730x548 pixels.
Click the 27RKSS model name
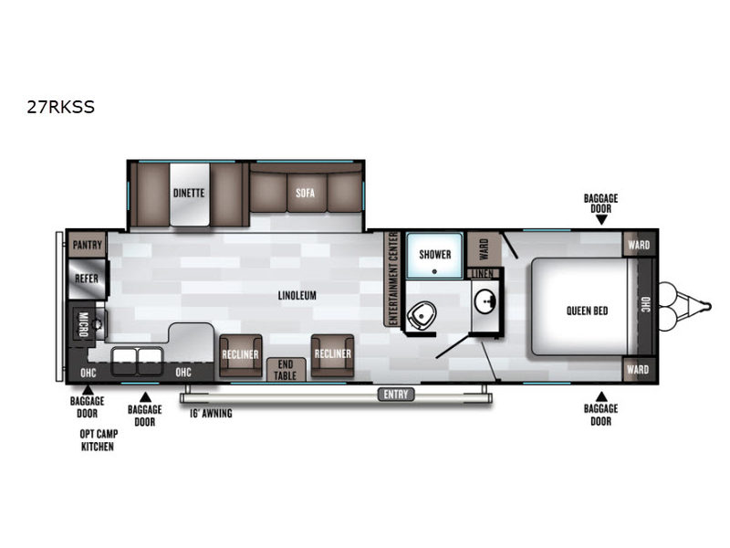click(60, 107)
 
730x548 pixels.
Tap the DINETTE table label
click(189, 193)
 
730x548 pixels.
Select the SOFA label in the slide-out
click(305, 193)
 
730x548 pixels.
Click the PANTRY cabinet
click(88, 245)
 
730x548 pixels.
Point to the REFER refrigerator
click(88, 279)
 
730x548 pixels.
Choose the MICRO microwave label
click(83, 324)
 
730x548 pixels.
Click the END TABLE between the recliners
click(286, 370)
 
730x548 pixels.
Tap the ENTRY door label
click(396, 395)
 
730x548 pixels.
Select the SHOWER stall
click(435, 255)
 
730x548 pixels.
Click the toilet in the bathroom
click(422, 315)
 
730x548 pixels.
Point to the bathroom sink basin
click(485, 302)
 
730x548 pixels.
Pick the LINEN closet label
click(483, 273)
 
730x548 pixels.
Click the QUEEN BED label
click(587, 311)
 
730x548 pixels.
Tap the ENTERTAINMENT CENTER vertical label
click(392, 279)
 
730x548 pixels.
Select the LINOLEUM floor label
click(297, 295)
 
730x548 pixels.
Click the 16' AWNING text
click(211, 414)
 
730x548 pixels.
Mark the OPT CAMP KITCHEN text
click(99, 440)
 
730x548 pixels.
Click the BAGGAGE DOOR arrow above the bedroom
click(601, 220)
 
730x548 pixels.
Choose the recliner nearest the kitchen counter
click(240, 355)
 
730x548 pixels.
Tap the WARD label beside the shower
click(484, 249)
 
